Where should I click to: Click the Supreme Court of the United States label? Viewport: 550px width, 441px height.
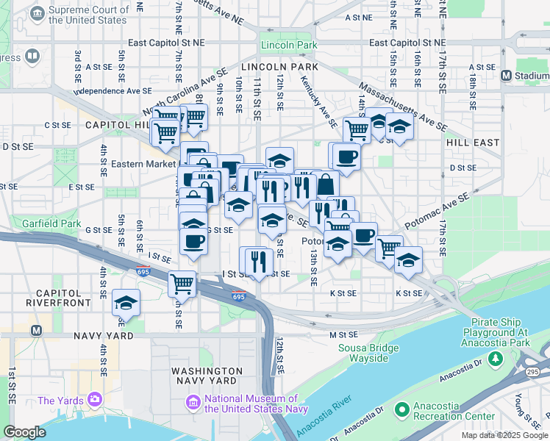click(87, 15)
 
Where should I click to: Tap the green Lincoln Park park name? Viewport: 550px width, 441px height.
click(289, 46)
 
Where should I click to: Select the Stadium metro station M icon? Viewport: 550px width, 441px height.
click(506, 75)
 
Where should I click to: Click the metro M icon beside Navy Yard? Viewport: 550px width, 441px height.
click(35, 331)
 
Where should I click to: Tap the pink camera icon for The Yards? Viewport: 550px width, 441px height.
click(95, 399)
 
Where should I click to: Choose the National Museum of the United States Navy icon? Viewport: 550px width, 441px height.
click(193, 403)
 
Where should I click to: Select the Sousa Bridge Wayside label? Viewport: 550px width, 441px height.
click(362, 353)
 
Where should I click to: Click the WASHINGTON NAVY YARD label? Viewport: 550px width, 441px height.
click(207, 376)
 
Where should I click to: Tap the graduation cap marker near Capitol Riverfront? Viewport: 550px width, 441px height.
click(126, 303)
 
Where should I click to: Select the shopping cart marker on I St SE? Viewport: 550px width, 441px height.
click(182, 283)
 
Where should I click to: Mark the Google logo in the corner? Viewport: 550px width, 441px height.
click(24, 432)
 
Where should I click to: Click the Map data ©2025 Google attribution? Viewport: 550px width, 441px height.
click(504, 435)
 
